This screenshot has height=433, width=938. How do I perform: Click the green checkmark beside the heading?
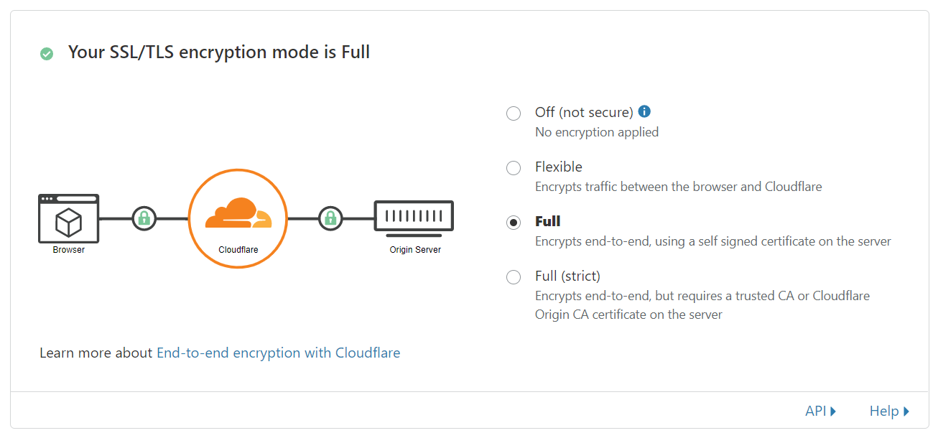pyautogui.click(x=47, y=54)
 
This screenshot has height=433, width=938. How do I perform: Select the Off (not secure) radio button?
pyautogui.click(x=514, y=113)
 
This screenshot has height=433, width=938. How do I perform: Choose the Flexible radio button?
pyautogui.click(x=514, y=168)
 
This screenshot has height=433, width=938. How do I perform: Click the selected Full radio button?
pyautogui.click(x=514, y=223)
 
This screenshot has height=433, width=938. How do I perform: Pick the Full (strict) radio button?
pyautogui.click(x=514, y=276)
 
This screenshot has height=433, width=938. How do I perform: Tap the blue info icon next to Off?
pyautogui.click(x=644, y=111)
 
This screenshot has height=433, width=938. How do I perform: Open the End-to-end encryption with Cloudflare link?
pyautogui.click(x=279, y=353)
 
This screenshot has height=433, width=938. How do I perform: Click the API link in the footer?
pyautogui.click(x=820, y=411)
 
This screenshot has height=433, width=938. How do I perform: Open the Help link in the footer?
pyautogui.click(x=889, y=411)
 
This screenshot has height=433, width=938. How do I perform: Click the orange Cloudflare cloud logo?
pyautogui.click(x=238, y=213)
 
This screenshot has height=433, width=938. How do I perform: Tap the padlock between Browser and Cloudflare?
pyautogui.click(x=144, y=218)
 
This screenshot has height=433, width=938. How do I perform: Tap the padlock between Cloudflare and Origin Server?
pyautogui.click(x=330, y=218)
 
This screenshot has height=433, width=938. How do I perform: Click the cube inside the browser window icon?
pyautogui.click(x=69, y=222)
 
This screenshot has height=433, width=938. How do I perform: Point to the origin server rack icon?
pyautogui.click(x=414, y=218)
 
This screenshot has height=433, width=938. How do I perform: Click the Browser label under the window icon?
pyautogui.click(x=69, y=250)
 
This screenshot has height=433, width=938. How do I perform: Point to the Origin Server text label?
pyautogui.click(x=415, y=250)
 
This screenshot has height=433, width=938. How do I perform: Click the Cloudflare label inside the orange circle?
pyautogui.click(x=238, y=250)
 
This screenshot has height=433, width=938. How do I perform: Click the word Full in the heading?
pyautogui.click(x=356, y=52)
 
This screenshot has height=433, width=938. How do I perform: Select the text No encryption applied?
pyautogui.click(x=597, y=132)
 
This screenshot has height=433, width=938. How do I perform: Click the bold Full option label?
pyautogui.click(x=548, y=221)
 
